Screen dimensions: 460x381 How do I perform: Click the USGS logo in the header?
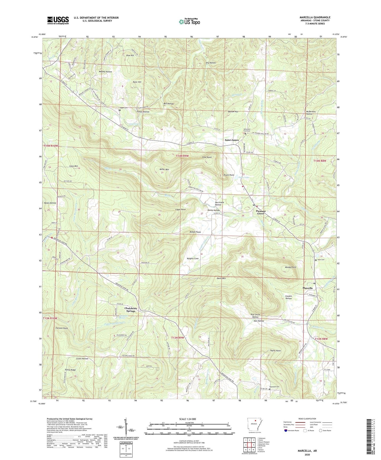(58, 20)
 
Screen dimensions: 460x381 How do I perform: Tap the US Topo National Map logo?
(189, 22)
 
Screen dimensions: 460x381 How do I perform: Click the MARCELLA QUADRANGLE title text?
(315, 17)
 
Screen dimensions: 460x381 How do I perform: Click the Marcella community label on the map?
(307, 288)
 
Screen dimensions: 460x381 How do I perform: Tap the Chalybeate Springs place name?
(131, 310)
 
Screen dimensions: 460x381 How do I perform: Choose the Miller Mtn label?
(164, 169)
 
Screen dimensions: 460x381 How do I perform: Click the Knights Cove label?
(192, 259)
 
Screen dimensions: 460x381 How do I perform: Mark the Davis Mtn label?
(221, 278)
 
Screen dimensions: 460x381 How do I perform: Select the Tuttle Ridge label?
(70, 370)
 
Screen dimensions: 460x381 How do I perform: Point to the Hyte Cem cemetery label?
(321, 260)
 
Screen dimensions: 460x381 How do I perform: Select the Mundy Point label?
(290, 267)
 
